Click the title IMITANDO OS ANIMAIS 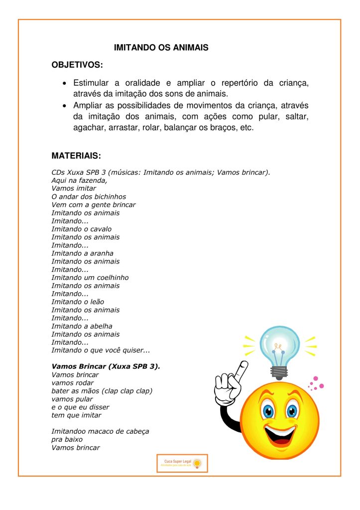(x=161, y=48)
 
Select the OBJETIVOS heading (x=77, y=65)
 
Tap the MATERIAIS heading (x=76, y=156)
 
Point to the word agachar (x=90, y=127)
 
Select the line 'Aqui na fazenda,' (x=79, y=180)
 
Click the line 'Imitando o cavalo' (x=82, y=229)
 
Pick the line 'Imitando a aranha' (x=82, y=253)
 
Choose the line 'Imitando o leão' (x=78, y=302)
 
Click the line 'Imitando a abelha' (x=82, y=326)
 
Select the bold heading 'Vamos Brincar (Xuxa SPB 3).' (x=106, y=366)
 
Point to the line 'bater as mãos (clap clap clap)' (x=102, y=391)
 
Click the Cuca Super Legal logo (x=182, y=463)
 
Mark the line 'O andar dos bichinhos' (x=89, y=197)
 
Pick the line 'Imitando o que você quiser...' (x=101, y=350)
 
